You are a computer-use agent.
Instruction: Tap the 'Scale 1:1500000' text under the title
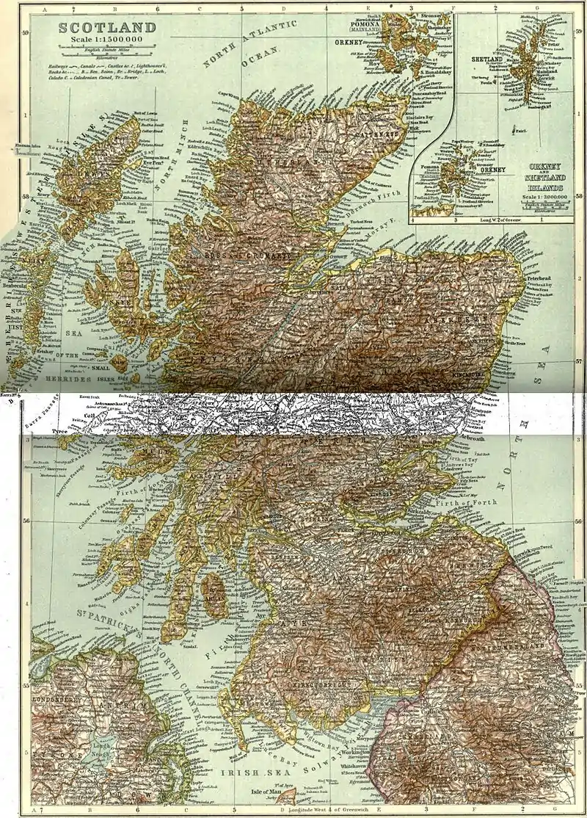click(x=103, y=42)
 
